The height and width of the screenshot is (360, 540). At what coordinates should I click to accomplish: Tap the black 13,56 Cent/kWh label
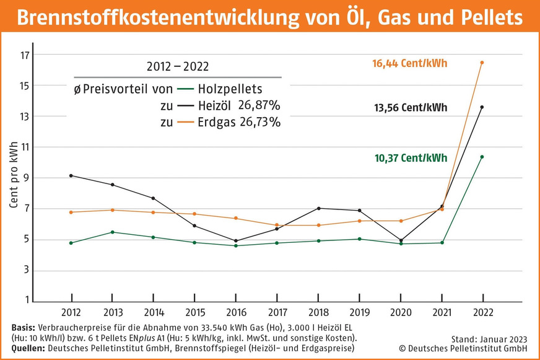pos(410,107)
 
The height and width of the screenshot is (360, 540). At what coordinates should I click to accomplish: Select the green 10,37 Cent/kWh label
pos(410,158)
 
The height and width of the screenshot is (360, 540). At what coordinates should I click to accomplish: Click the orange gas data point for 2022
pos(482,63)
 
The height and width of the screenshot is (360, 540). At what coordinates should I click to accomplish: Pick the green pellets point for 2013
pos(112,232)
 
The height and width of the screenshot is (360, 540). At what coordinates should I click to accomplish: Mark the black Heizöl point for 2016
pos(235,240)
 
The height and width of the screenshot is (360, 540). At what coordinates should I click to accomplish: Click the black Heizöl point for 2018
pos(318,208)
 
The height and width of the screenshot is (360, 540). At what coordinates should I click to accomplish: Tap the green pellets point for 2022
pos(482,157)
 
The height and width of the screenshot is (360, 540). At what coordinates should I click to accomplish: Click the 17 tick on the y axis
pos(25,55)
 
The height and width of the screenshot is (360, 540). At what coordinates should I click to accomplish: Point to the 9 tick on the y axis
pos(27,178)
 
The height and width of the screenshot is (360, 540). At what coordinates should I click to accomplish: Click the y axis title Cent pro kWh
pos(14,183)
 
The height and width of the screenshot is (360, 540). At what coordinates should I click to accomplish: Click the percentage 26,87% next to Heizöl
pos(260,106)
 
